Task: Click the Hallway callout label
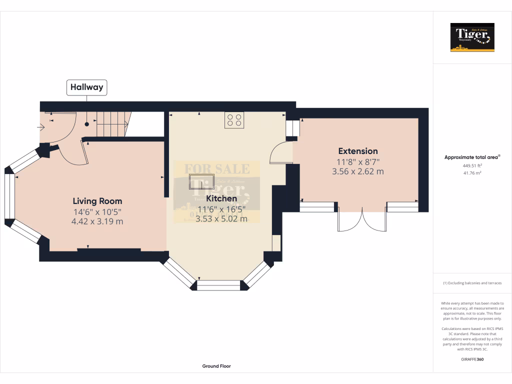(86, 87)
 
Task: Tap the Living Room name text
(97, 201)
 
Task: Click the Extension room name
(357, 151)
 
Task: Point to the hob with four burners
(234, 120)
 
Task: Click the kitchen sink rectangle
(201, 181)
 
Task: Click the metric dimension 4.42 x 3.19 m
(97, 220)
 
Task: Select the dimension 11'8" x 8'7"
(357, 162)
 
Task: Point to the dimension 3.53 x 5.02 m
(221, 218)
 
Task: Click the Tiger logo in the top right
(472, 37)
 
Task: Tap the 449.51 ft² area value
(472, 165)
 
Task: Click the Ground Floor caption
(216, 366)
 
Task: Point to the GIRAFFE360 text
(472, 359)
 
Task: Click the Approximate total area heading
(472, 157)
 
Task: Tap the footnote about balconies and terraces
(472, 283)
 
